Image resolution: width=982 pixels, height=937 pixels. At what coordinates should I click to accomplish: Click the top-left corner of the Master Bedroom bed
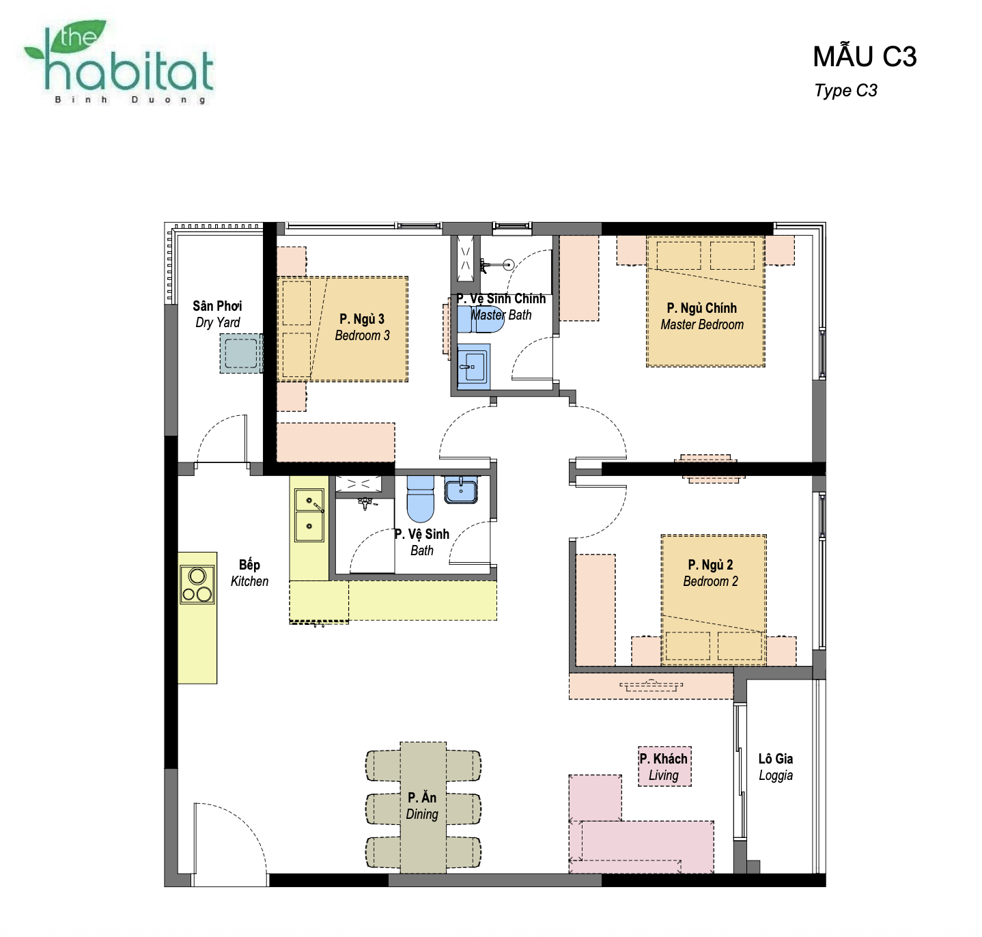click(x=647, y=236)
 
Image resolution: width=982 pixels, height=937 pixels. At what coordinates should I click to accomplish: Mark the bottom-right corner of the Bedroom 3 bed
click(x=408, y=381)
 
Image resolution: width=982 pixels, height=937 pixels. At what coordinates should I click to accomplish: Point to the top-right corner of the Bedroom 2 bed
click(x=766, y=535)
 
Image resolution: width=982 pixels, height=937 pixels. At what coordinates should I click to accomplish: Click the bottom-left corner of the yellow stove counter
click(x=178, y=683)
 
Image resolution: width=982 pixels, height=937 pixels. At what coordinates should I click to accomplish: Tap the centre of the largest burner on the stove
click(x=197, y=576)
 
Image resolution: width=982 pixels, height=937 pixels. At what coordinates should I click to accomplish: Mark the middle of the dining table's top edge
click(x=423, y=742)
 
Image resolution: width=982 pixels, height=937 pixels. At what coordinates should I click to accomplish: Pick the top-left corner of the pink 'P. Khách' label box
click(x=639, y=746)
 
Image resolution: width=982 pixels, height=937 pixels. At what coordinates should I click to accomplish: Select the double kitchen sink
click(x=309, y=515)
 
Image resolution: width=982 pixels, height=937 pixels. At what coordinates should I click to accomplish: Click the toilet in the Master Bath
click(x=481, y=320)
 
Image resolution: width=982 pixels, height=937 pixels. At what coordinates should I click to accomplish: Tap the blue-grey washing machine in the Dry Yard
click(x=241, y=353)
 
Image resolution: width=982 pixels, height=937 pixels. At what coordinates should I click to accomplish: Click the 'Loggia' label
click(x=775, y=775)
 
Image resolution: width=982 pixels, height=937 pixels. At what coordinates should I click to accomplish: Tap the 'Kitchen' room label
click(x=249, y=581)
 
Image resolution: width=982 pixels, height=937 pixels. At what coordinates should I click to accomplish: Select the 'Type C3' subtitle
click(x=845, y=90)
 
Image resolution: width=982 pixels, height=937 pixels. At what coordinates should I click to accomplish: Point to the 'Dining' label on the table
click(x=422, y=814)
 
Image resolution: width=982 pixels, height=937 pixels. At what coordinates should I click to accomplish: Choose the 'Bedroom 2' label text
click(x=710, y=581)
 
